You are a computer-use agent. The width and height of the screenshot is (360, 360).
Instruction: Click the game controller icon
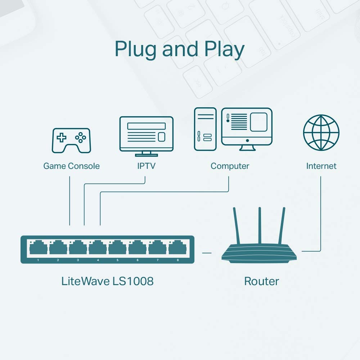[71, 140]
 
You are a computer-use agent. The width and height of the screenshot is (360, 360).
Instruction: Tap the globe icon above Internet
[321, 132]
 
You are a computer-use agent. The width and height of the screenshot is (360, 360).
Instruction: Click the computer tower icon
[205, 129]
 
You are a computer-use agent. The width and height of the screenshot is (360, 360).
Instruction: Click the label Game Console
[71, 166]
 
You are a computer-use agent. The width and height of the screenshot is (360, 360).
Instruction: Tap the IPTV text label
[146, 166]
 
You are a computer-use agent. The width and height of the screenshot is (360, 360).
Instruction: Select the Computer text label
[230, 166]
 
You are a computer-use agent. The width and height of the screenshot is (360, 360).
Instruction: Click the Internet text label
[321, 166]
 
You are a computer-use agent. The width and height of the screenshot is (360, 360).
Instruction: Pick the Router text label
[261, 281]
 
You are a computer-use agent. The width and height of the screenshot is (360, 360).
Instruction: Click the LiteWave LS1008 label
[107, 281]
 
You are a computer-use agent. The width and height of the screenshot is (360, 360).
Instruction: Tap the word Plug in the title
[136, 50]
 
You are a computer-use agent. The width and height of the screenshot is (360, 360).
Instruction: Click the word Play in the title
[223, 50]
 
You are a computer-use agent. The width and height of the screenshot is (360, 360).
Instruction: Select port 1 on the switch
[38, 248]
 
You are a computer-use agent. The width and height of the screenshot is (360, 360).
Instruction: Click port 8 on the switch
[177, 248]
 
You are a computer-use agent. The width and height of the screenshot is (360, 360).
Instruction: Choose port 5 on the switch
[117, 248]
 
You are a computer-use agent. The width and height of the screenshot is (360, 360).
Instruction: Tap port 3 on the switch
[77, 248]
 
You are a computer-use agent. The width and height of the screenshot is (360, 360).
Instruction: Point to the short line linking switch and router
[207, 253]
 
